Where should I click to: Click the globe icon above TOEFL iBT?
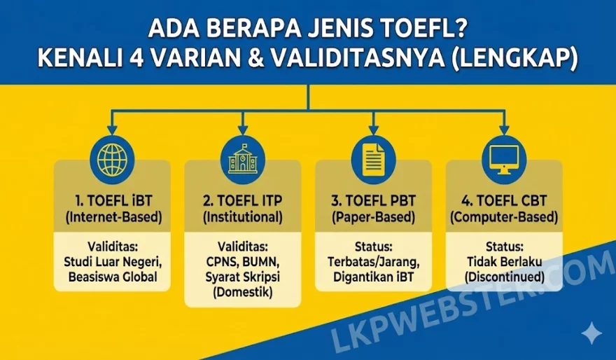tap(113, 160)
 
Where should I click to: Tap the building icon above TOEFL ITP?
tap(243, 160)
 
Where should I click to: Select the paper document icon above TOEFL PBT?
tap(374, 160)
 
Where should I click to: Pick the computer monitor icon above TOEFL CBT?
tap(505, 160)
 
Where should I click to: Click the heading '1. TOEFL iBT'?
tap(113, 200)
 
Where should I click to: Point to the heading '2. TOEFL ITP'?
tap(243, 200)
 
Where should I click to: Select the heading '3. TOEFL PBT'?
tap(374, 200)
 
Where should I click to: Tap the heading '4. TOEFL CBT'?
tap(504, 200)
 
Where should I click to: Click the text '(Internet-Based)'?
tap(113, 217)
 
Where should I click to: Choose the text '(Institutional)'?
tap(243, 217)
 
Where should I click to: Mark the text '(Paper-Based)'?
tap(374, 217)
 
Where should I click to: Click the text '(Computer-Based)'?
tap(504, 217)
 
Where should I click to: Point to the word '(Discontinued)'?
tap(505, 277)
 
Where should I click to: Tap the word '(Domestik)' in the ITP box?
tap(243, 292)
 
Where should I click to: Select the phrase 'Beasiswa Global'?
tap(113, 277)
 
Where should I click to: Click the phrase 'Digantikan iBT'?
tap(374, 277)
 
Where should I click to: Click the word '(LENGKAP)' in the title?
tap(515, 59)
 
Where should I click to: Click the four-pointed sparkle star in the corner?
tap(591, 333)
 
